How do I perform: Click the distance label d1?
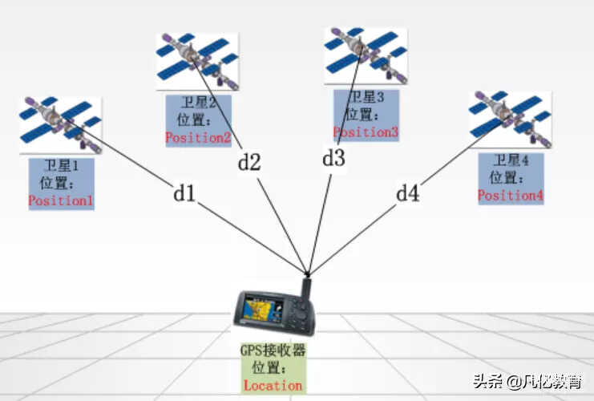(184, 193)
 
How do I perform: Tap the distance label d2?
(249, 162)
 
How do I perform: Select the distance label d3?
(333, 158)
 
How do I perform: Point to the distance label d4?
(407, 193)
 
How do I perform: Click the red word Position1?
(61, 200)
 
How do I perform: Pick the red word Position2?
(198, 138)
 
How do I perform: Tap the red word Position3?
(366, 132)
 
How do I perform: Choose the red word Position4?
(511, 196)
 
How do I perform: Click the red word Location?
(273, 386)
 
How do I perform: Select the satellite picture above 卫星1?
(61, 125)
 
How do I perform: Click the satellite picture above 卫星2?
(197, 62)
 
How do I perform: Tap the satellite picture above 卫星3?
(366, 55)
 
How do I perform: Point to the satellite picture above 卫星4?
(511, 119)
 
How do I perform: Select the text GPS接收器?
(273, 350)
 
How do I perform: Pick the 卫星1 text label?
(61, 165)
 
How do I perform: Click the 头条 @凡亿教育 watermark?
(527, 381)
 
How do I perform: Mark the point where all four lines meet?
(308, 273)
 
